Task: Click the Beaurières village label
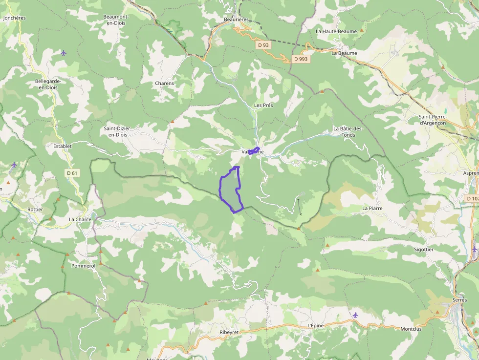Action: tap(236, 20)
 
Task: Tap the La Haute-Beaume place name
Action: tap(336, 31)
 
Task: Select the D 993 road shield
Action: tap(301, 59)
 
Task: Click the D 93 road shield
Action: tap(263, 45)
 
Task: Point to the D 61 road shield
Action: tap(72, 173)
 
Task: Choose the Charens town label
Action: tap(164, 84)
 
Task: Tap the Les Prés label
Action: tap(263, 106)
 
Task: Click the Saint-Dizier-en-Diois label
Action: tap(118, 131)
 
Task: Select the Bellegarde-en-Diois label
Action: tap(46, 84)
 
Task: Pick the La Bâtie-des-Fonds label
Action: tap(348, 131)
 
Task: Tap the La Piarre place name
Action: tap(372, 208)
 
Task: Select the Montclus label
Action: tap(411, 329)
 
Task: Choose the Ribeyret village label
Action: tap(229, 332)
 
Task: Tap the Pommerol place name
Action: tap(83, 266)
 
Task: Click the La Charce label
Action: tap(80, 220)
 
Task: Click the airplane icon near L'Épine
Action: tap(355, 315)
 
